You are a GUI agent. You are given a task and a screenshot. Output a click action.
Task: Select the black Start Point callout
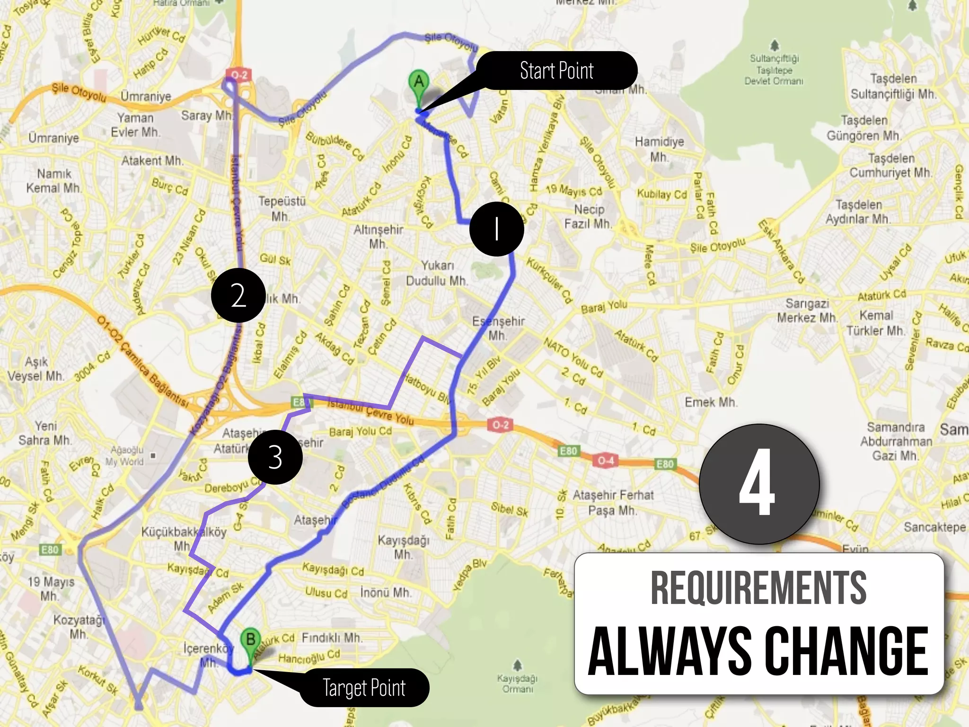[x=556, y=71]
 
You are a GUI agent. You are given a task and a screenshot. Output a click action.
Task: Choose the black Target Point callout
[x=364, y=687]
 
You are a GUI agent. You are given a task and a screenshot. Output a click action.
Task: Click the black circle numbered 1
[x=496, y=229]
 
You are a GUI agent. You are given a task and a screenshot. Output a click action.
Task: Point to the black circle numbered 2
[x=238, y=295]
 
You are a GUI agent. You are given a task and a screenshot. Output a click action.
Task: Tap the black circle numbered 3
[x=275, y=457]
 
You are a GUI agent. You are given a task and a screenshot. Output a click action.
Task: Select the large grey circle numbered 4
[x=758, y=484]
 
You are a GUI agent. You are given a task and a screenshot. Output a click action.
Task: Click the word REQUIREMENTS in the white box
[x=758, y=588]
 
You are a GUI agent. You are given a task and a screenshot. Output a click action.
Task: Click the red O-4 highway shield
[x=606, y=460]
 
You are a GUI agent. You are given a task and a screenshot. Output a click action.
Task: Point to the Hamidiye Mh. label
[x=659, y=149]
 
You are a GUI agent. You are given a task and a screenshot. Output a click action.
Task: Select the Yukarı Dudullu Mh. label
[x=437, y=273]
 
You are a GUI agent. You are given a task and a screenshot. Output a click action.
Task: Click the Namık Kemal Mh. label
[x=53, y=180]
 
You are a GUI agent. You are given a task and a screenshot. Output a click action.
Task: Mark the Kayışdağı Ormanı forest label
[x=517, y=683]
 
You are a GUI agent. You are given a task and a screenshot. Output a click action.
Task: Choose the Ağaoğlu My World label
[x=124, y=456]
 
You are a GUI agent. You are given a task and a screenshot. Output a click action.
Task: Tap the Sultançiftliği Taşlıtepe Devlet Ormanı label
[x=774, y=69]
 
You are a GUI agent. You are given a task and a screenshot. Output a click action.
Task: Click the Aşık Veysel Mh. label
[x=36, y=369]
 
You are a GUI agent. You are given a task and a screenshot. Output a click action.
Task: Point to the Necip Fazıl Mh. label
[x=589, y=216]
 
